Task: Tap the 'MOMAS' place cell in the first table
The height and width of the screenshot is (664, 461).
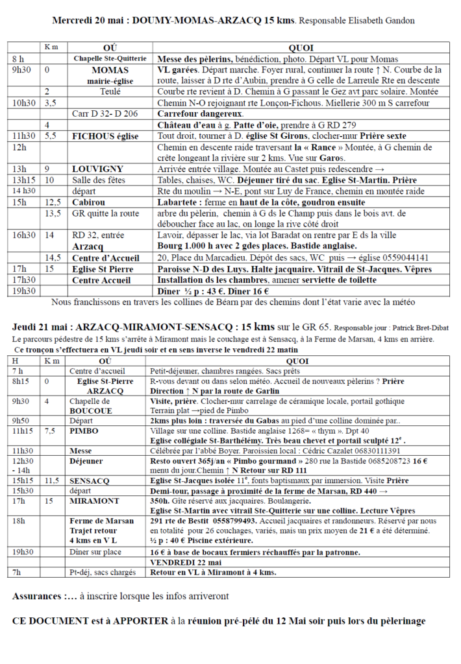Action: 110,70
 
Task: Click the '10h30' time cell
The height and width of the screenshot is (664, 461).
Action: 23,103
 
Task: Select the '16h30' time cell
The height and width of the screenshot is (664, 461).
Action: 23,235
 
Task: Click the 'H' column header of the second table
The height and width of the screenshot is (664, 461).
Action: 15,361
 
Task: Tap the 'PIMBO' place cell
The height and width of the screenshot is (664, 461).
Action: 84,431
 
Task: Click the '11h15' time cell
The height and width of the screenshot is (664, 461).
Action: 24,431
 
